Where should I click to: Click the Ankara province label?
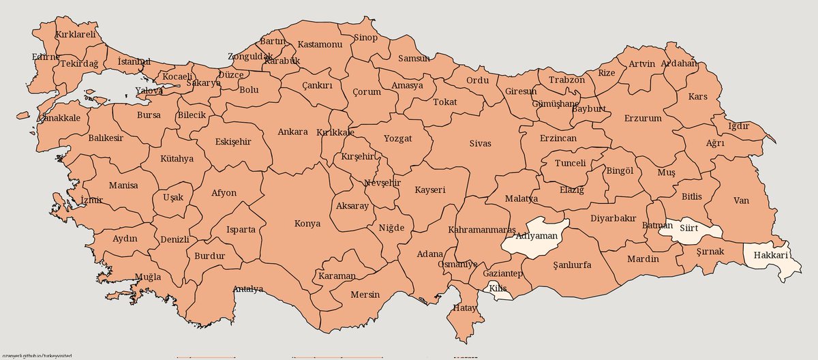293,132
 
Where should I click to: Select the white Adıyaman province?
535,237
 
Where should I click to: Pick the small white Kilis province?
498,290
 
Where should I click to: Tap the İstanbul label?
134,62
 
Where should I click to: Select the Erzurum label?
643,118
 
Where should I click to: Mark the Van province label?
741,200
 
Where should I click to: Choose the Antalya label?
248,289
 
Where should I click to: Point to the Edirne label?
46,57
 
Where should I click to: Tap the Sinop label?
365,37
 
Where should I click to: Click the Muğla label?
148,277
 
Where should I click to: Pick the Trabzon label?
566,80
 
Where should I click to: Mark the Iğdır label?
739,126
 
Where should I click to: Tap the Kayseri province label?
430,190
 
